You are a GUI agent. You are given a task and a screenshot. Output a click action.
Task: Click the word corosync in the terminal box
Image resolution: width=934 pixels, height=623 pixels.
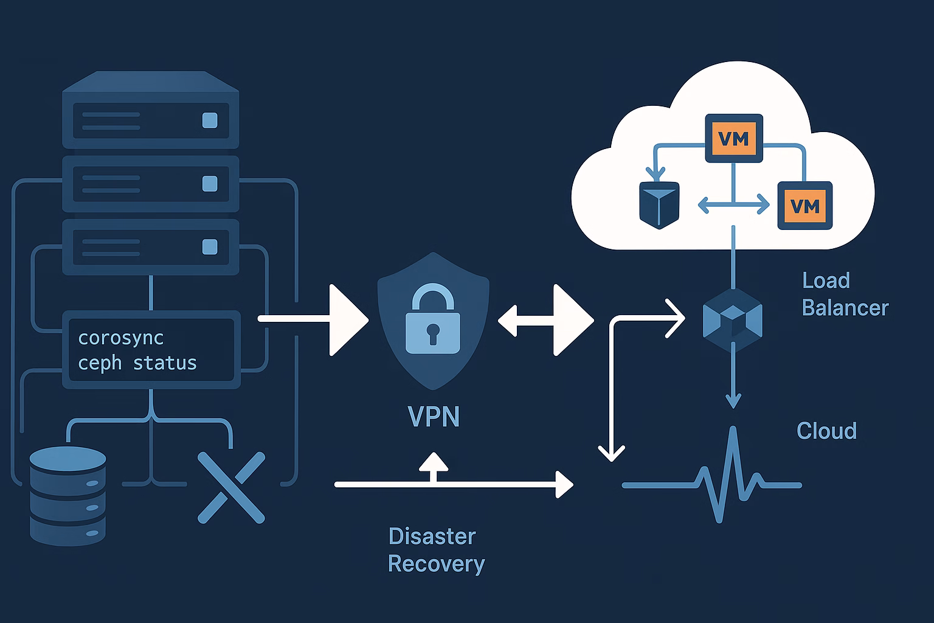[121, 338]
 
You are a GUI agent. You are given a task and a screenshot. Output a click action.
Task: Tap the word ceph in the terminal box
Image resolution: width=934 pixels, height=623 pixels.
[100, 363]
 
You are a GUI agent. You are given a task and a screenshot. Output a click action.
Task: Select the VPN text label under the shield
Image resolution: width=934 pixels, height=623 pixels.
[434, 417]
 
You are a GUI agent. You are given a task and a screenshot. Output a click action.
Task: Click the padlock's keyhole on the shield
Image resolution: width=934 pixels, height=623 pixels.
[433, 333]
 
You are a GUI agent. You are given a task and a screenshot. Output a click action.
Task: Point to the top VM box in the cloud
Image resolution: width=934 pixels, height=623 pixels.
[733, 138]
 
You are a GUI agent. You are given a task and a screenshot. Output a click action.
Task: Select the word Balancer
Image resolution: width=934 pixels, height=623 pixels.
[845, 308]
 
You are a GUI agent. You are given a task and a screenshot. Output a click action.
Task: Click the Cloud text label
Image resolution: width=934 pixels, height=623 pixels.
[826, 431]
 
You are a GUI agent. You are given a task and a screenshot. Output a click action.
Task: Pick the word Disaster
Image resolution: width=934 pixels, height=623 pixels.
[432, 537]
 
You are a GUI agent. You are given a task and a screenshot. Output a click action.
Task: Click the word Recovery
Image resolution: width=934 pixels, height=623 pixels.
[436, 564]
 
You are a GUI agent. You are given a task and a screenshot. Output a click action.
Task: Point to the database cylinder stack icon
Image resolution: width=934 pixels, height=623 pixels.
[67, 495]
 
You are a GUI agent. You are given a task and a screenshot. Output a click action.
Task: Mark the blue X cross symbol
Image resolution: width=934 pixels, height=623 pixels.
[231, 487]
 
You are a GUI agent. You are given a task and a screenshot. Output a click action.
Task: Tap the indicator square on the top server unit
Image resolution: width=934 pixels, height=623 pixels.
[209, 120]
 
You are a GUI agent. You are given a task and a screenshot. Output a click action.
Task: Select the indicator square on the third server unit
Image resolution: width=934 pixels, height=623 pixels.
[209, 246]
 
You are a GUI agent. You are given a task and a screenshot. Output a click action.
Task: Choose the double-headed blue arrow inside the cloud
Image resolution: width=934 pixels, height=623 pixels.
[733, 204]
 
